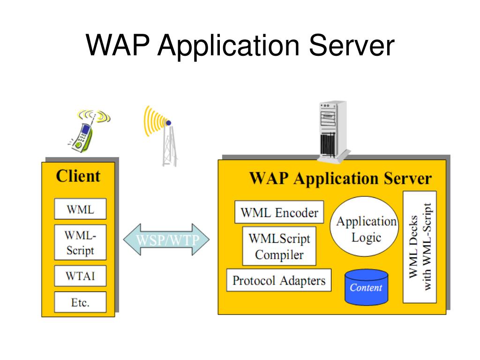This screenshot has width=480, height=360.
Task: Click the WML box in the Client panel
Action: (80, 209)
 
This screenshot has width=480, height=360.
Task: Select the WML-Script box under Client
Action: (80, 242)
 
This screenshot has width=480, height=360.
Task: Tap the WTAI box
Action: (80, 276)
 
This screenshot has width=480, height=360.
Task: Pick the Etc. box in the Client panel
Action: (80, 302)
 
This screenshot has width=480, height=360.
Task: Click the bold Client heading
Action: (78, 176)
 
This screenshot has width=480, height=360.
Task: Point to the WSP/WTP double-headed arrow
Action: (166, 240)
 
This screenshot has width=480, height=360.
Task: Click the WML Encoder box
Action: (279, 212)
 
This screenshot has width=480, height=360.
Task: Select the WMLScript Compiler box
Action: (279, 246)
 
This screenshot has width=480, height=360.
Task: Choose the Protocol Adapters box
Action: (279, 280)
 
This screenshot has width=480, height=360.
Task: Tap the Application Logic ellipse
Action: (365, 226)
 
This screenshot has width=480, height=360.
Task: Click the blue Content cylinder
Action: (367, 287)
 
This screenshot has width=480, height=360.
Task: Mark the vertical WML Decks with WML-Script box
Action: (420, 247)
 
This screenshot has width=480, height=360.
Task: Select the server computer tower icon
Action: (333, 132)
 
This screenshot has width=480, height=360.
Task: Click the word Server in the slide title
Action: (352, 45)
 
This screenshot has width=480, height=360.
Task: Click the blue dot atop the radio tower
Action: (168, 123)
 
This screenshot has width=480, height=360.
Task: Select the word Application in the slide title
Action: (228, 46)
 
